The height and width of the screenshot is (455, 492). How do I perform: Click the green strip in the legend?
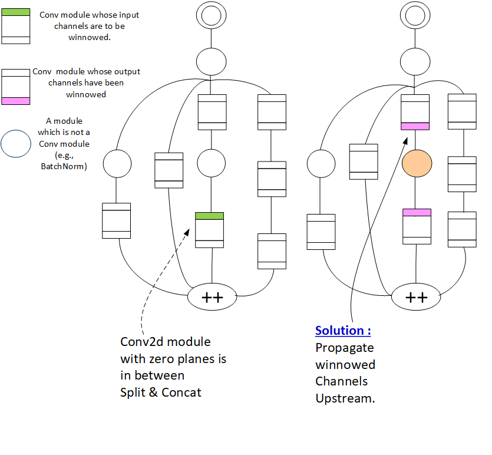point(16,12)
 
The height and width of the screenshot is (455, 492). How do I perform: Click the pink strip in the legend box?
point(16,101)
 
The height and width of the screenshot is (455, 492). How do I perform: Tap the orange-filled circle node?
point(417,163)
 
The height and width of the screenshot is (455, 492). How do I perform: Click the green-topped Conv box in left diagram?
point(209,230)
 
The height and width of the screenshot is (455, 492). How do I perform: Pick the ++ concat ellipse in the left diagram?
point(212,297)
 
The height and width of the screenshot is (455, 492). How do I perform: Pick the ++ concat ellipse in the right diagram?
point(416,297)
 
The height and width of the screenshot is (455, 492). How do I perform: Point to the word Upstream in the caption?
point(344,398)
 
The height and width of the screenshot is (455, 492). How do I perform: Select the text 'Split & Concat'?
point(160,393)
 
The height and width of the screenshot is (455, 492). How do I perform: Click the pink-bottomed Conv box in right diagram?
point(415,112)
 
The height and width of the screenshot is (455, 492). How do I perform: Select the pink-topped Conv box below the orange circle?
point(417,226)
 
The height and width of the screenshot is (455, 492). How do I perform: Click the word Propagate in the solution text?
point(344,348)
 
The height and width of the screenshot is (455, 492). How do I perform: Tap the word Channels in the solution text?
point(341,381)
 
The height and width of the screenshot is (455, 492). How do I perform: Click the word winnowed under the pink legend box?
point(86,94)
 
